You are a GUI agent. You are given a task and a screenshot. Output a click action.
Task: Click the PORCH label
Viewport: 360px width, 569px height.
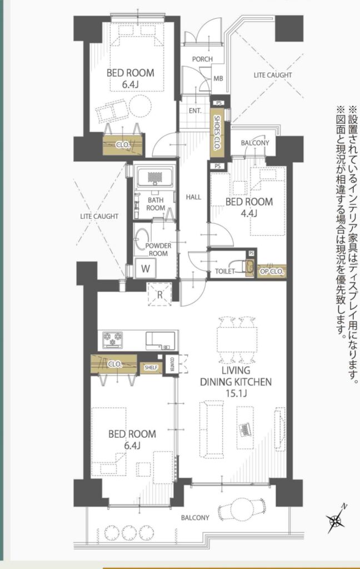202,59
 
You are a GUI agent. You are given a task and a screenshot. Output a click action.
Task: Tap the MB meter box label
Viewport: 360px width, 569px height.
218,78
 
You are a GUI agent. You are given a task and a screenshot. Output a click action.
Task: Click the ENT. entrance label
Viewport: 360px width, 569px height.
195,111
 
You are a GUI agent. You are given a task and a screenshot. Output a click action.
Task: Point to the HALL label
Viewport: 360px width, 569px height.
193,197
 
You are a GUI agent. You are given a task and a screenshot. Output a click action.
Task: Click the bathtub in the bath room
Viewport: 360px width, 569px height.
155,177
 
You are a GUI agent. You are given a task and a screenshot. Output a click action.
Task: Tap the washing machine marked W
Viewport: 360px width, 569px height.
146,268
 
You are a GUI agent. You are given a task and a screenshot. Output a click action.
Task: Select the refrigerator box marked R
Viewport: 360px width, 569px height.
159,295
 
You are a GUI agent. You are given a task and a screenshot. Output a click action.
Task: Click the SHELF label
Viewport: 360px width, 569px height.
151,368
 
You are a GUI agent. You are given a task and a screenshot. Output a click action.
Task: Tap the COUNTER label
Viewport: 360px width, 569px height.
172,364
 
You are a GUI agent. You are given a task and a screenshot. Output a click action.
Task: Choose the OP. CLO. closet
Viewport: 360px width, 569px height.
272,271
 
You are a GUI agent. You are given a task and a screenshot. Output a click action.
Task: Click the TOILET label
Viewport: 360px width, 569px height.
224,271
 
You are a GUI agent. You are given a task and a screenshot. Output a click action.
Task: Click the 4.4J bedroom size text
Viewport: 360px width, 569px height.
249,213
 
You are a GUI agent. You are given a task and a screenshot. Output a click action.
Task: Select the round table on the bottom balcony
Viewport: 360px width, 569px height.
241,512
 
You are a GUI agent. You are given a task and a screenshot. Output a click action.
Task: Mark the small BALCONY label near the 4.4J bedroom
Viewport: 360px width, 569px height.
255,143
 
